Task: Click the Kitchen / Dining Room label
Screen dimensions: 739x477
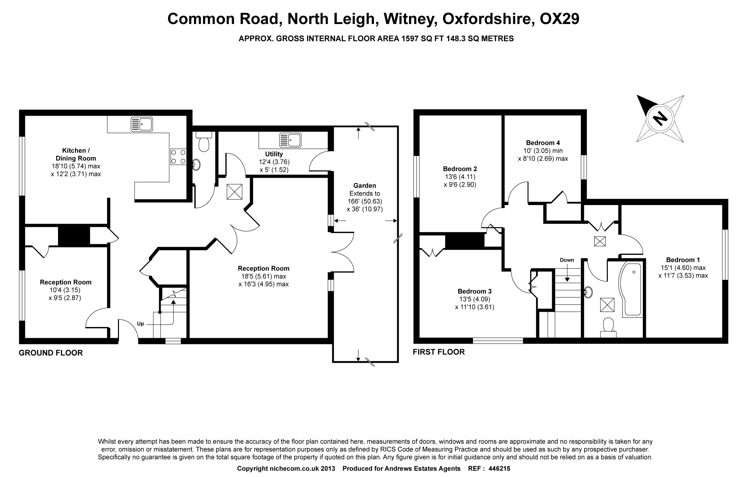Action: pos(76,154)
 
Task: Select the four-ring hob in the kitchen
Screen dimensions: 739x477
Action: pos(178,156)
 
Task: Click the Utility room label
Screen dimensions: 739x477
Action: pos(274,154)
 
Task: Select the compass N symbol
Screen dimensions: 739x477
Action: pos(660,119)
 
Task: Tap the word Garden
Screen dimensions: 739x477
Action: pos(365,185)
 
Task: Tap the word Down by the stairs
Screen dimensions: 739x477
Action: pos(567,260)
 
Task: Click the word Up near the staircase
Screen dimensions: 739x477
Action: pos(140,324)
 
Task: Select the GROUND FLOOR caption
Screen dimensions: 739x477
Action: pos(51,353)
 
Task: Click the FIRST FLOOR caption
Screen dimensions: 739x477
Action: pos(439,352)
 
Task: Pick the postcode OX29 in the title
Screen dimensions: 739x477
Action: pos(559,19)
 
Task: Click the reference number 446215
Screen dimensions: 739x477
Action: pos(499,469)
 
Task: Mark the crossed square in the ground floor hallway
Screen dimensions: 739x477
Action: pos(235,191)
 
